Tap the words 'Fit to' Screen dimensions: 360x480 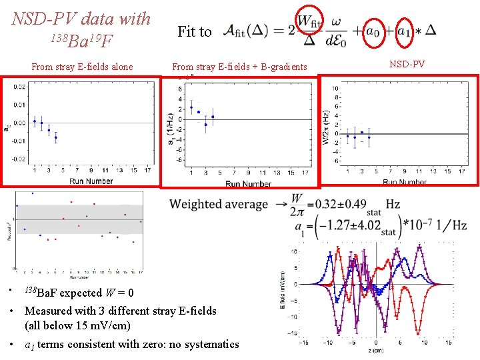point(194,31)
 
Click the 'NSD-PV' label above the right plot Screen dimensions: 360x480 point(407,65)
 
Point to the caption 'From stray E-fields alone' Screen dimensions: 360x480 point(82,66)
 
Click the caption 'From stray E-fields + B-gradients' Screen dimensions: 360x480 point(239,66)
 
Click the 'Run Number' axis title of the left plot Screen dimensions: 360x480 point(82,181)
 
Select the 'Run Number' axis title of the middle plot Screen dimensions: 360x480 point(248,184)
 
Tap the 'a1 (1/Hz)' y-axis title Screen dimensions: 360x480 point(172,127)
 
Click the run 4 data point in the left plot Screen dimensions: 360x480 point(56,137)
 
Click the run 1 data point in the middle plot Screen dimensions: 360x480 point(191,107)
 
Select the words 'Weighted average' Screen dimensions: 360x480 point(218,204)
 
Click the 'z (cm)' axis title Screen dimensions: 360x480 point(378,351)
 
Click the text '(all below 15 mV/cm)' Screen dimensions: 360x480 point(77,326)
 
